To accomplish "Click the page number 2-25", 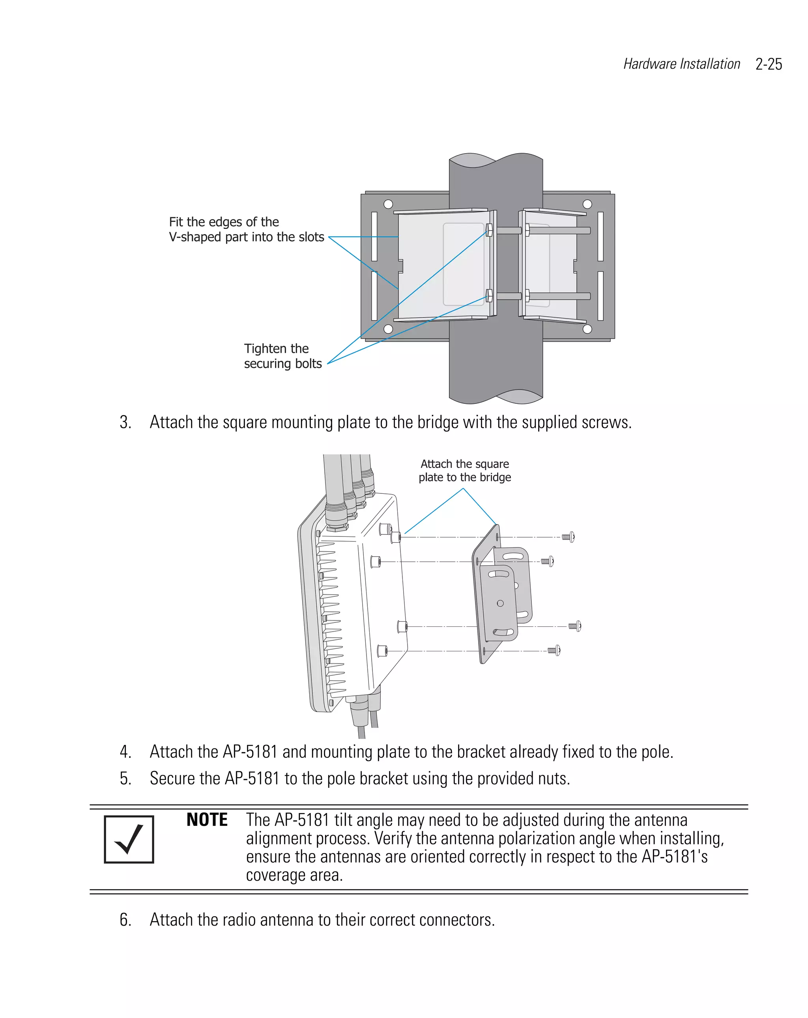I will pos(769,64).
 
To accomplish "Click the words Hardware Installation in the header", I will pos(681,64).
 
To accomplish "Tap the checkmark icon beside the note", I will pos(129,839).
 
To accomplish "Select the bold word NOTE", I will pos(207,820).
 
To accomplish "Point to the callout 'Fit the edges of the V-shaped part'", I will pos(246,229).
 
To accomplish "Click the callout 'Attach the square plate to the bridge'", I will pos(464,471).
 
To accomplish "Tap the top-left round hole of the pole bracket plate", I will pos(388,204).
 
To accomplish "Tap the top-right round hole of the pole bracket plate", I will pos(587,204).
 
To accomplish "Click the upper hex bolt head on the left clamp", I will pos(489,231).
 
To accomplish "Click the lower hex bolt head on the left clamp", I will pos(489,296).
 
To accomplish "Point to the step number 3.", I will pos(125,422).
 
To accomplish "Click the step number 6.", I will pos(125,920).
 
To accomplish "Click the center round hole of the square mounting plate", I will pos(500,603).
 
